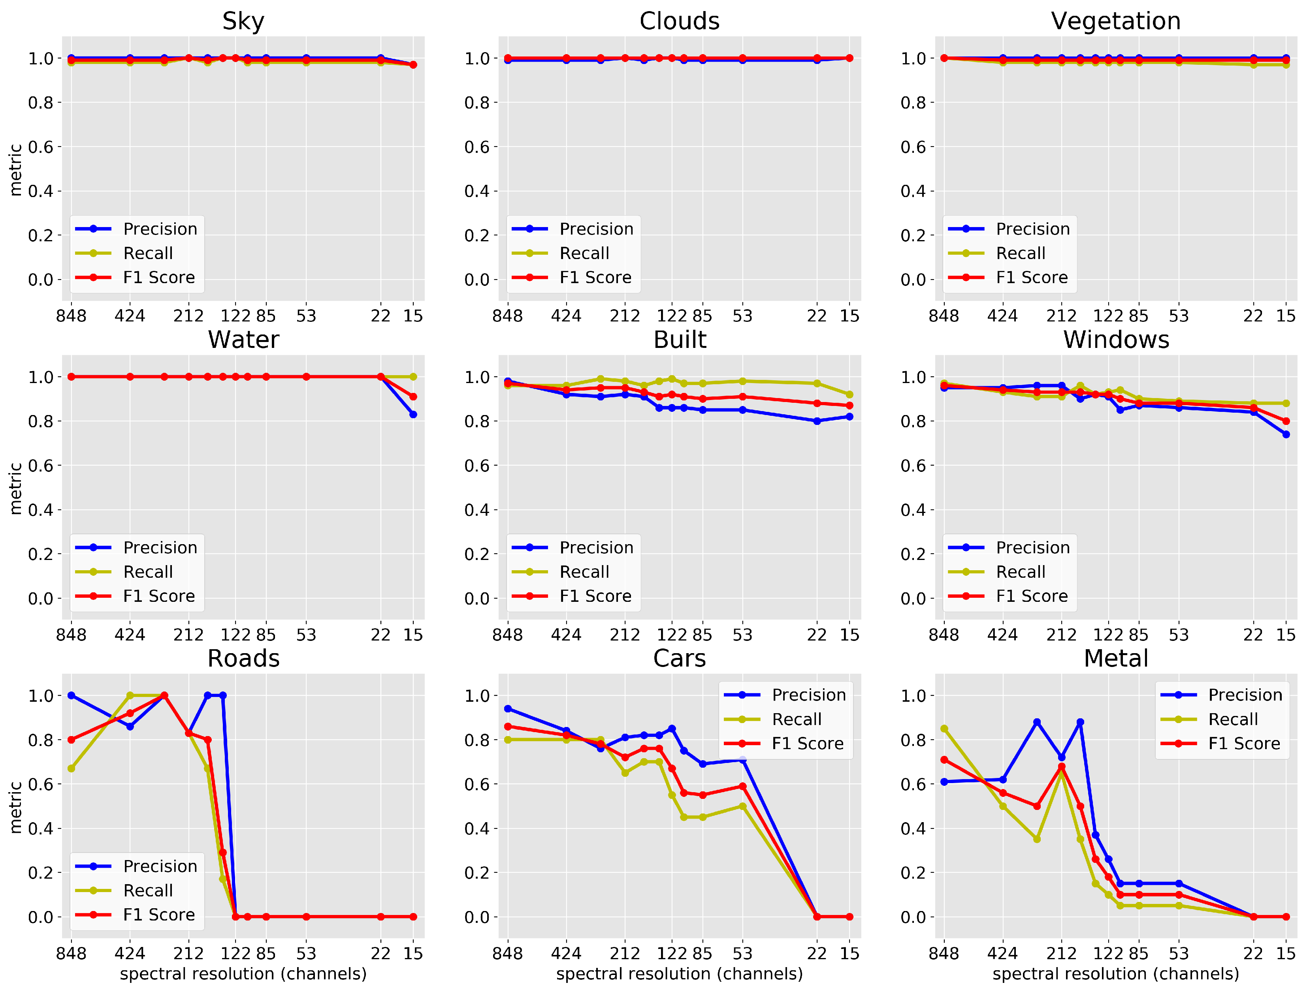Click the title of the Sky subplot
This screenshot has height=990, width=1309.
click(243, 21)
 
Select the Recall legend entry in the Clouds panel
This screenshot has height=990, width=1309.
click(584, 253)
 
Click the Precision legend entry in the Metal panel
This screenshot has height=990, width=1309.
click(1245, 695)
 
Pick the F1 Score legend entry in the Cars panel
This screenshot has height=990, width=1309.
click(807, 743)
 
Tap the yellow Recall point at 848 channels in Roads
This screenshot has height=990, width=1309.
click(71, 768)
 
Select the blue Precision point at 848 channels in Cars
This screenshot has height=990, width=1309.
click(508, 708)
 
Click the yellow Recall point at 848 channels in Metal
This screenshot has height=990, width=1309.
click(944, 729)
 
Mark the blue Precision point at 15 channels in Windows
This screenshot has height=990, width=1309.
click(1285, 434)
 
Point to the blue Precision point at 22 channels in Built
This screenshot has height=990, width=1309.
click(817, 421)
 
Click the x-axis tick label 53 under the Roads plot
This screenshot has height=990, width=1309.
click(306, 953)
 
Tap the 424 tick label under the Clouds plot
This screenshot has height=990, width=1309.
click(566, 316)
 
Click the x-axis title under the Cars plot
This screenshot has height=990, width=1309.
click(679, 973)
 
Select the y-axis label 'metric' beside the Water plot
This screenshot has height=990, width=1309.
click(15, 488)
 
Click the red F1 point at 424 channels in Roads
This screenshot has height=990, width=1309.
click(130, 713)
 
